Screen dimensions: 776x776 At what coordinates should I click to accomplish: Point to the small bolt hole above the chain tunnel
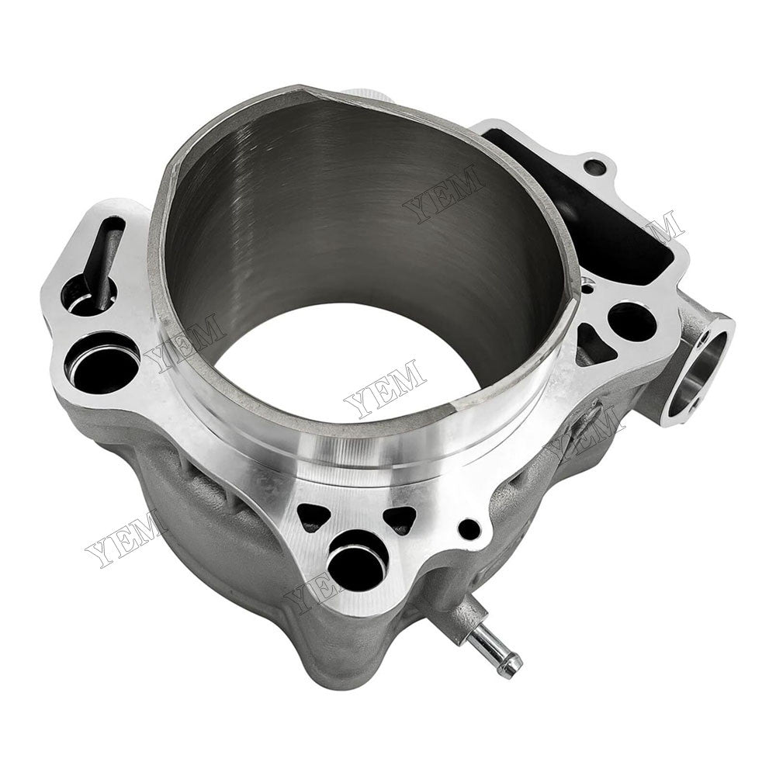595,167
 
